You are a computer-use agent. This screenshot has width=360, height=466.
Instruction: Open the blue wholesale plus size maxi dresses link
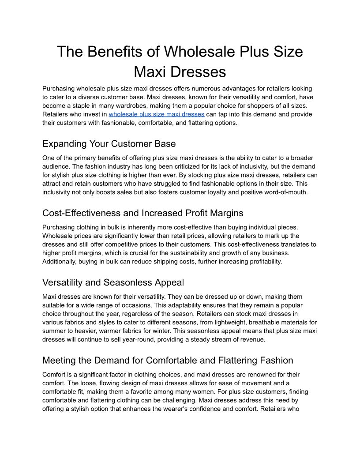click(x=156, y=114)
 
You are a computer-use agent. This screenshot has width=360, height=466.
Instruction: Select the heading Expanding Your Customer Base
click(x=109, y=144)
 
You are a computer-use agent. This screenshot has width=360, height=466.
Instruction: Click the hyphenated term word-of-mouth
click(x=283, y=192)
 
